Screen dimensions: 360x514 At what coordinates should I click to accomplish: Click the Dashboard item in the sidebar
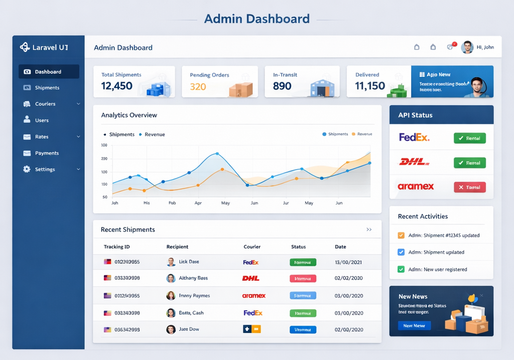pyautogui.click(x=48, y=72)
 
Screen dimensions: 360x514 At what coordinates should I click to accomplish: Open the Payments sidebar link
pyautogui.click(x=47, y=153)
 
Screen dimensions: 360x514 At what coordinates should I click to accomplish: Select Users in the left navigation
pyautogui.click(x=42, y=121)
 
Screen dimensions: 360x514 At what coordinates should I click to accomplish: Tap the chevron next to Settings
pyautogui.click(x=78, y=170)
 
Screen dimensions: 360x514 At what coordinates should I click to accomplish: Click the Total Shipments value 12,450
pyautogui.click(x=117, y=86)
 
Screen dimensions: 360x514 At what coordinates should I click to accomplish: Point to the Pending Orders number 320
pyautogui.click(x=198, y=86)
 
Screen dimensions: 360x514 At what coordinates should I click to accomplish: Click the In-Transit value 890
pyautogui.click(x=282, y=86)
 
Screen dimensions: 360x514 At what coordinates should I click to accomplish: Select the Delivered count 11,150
pyautogui.click(x=370, y=86)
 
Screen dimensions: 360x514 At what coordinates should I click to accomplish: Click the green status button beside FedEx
pyautogui.click(x=469, y=138)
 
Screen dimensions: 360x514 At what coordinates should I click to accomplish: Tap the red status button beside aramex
pyautogui.click(x=469, y=187)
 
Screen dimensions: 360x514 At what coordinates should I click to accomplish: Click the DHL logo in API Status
pyautogui.click(x=414, y=162)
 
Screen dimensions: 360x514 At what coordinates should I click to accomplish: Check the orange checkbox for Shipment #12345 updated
pyautogui.click(x=401, y=235)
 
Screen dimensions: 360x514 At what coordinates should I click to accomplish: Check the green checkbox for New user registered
pyautogui.click(x=401, y=269)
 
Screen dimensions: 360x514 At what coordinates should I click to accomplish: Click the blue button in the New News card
pyautogui.click(x=414, y=326)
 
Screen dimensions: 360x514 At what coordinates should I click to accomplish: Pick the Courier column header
pyautogui.click(x=252, y=247)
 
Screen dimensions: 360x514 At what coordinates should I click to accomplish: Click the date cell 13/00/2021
pyautogui.click(x=348, y=262)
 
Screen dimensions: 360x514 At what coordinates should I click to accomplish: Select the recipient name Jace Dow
pyautogui.click(x=189, y=329)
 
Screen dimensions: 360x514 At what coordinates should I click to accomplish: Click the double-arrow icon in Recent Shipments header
pyautogui.click(x=369, y=229)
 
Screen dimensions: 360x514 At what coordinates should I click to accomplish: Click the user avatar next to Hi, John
pyautogui.click(x=467, y=47)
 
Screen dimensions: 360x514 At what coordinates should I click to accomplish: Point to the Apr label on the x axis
pyautogui.click(x=198, y=203)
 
